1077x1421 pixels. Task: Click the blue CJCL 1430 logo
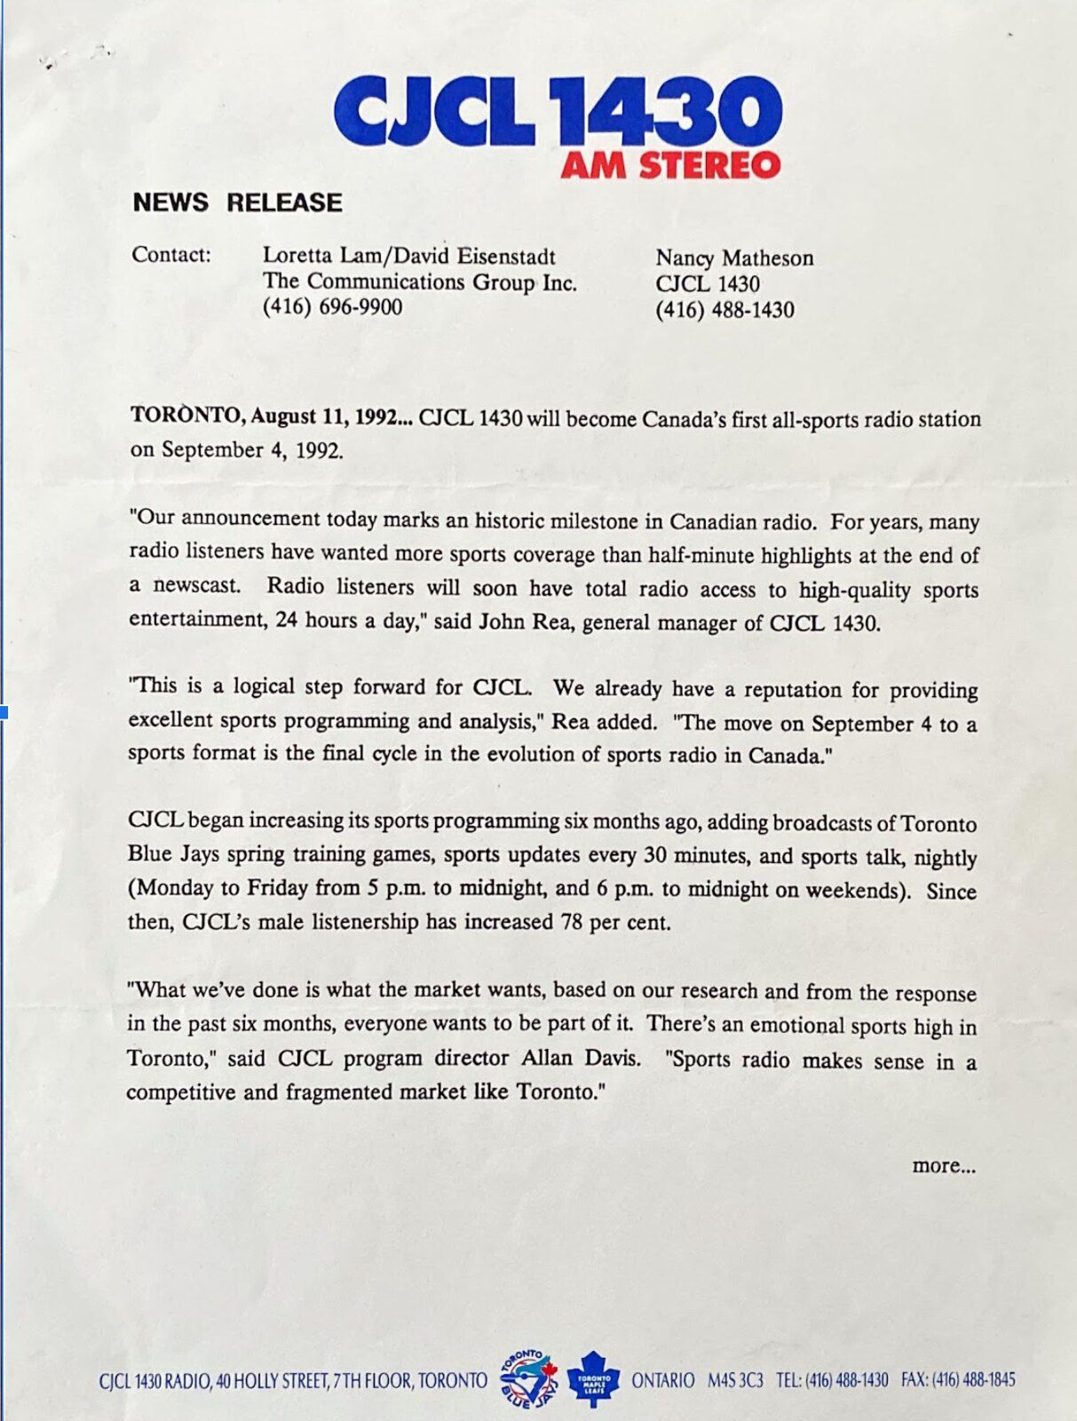(558, 113)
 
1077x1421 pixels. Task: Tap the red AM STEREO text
(670, 165)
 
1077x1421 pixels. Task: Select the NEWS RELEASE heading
(237, 202)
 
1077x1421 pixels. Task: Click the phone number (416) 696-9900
(332, 307)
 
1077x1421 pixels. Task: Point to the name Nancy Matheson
(734, 258)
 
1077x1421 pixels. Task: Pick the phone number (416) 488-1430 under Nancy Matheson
(725, 310)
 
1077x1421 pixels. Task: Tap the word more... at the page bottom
(943, 1165)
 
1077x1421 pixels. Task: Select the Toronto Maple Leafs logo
(593, 1379)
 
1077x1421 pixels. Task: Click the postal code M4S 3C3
(735, 1380)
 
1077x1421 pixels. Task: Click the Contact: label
(171, 255)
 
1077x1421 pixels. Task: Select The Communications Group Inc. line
(419, 282)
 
